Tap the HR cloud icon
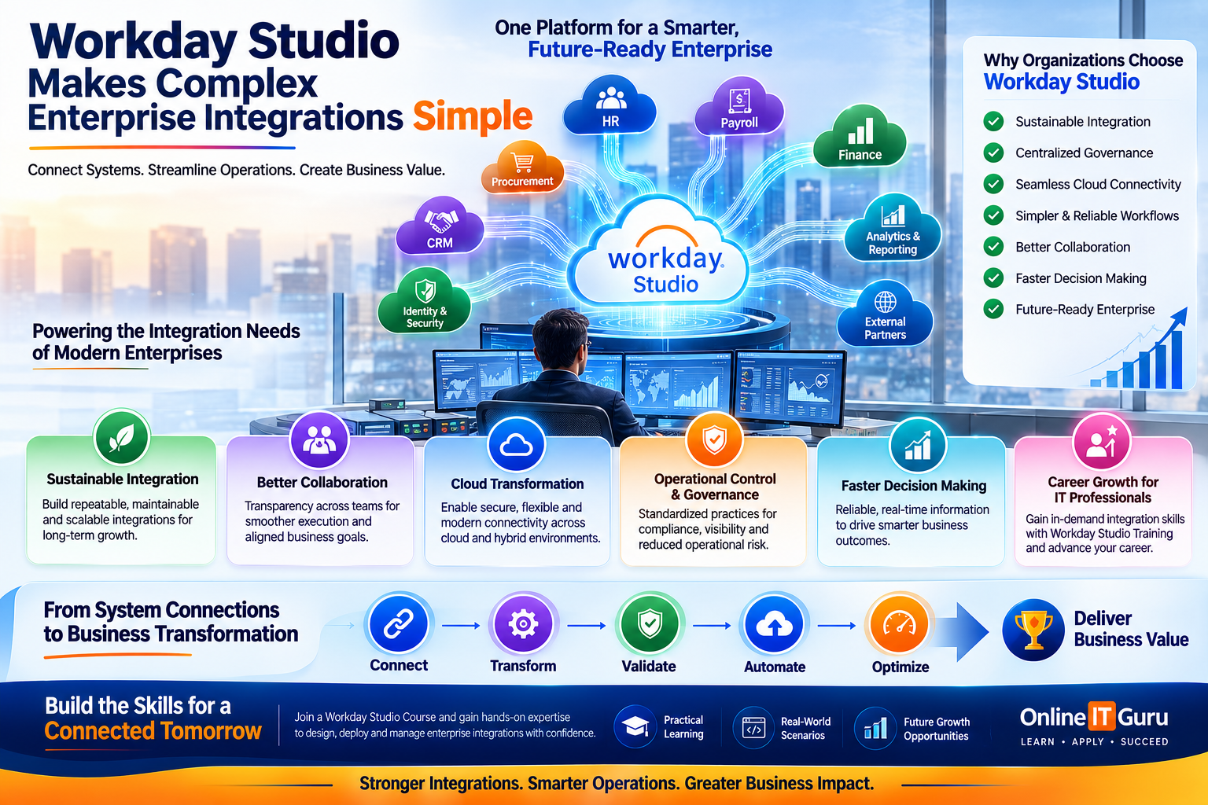coord(610,105)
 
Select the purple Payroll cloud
coord(739,107)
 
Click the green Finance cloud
coord(860,137)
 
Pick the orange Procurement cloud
coord(522,167)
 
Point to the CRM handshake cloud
coord(440,226)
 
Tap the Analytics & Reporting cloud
coord(893,228)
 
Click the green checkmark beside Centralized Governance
coord(993,153)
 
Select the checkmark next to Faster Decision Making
coord(993,278)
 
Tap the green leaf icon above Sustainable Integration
coord(121,437)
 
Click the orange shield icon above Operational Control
coord(715,440)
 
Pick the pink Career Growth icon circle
coord(1102,442)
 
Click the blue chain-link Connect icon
coord(399,624)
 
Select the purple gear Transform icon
coord(522,624)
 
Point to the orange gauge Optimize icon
coord(899,624)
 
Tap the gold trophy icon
coord(1033,630)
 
